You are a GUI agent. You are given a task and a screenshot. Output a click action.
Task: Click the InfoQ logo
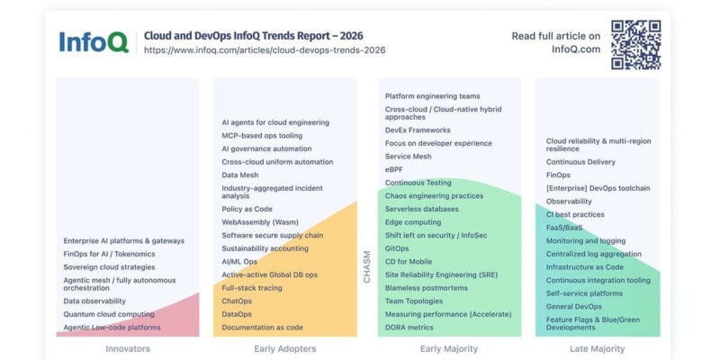pyautogui.click(x=94, y=42)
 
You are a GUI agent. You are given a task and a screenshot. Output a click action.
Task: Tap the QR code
pyautogui.click(x=636, y=44)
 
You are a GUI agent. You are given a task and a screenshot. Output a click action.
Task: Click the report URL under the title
pyautogui.click(x=265, y=50)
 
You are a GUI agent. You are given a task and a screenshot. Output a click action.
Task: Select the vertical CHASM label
pyautogui.click(x=366, y=266)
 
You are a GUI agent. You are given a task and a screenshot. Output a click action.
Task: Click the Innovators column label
pyautogui.click(x=128, y=349)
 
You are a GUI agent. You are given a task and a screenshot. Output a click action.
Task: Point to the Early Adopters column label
pyautogui.click(x=285, y=349)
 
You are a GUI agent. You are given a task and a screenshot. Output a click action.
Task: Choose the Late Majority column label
pyautogui.click(x=598, y=349)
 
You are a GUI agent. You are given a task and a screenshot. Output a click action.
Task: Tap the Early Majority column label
pyautogui.click(x=449, y=349)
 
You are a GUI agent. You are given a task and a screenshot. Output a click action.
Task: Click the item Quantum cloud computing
pyautogui.click(x=109, y=314)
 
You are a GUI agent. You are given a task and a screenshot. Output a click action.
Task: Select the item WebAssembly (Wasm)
pyautogui.click(x=260, y=222)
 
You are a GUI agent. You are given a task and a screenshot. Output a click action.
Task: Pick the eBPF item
pyautogui.click(x=394, y=169)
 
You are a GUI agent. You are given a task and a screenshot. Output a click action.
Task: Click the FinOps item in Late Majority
pyautogui.click(x=558, y=175)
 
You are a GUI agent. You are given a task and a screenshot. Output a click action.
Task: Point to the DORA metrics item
pyautogui.click(x=409, y=328)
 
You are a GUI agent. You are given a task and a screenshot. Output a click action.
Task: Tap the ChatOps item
pyautogui.click(x=237, y=301)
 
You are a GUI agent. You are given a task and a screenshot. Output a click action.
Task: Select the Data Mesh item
pyautogui.click(x=239, y=175)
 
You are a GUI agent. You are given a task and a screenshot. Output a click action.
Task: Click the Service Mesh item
pyautogui.click(x=409, y=156)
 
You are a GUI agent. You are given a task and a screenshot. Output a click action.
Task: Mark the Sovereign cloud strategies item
pyautogui.click(x=109, y=267)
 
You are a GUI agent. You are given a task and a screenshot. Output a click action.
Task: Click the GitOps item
pyautogui.click(x=397, y=248)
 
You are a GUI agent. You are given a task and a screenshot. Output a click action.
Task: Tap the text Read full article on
pyautogui.click(x=555, y=36)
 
